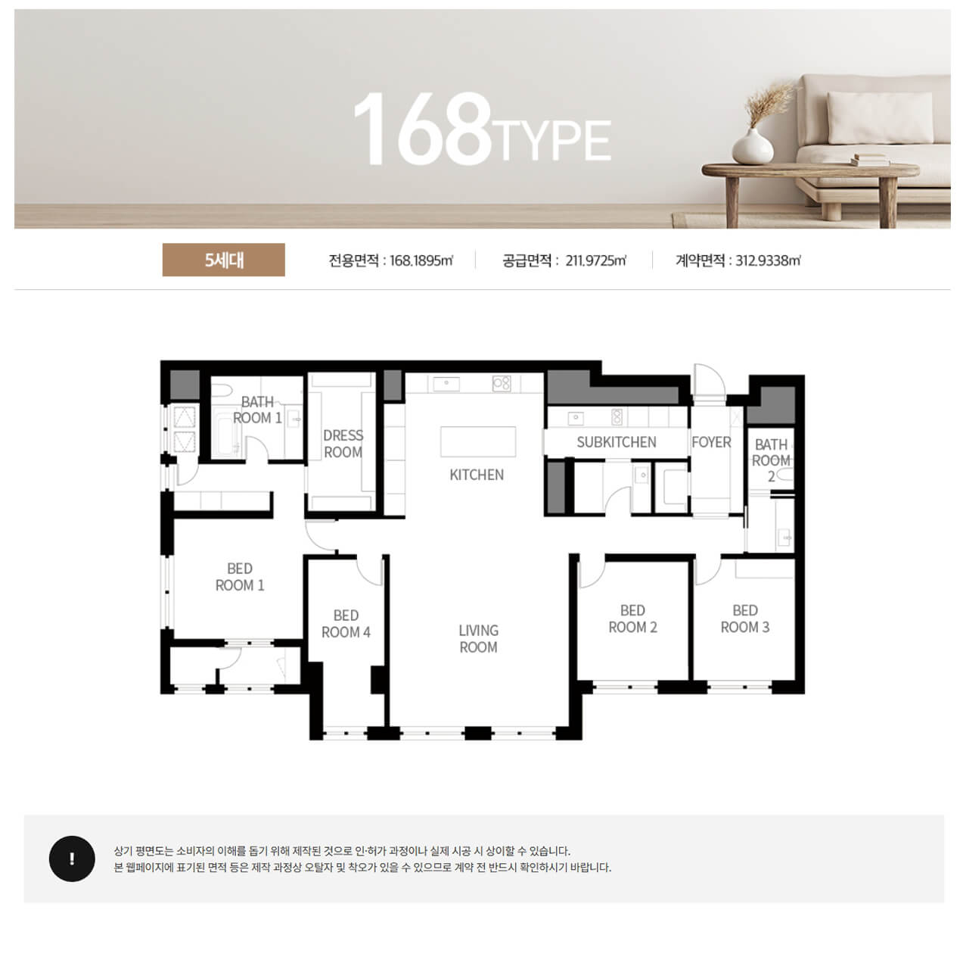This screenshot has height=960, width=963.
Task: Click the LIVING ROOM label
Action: pyautogui.click(x=478, y=638)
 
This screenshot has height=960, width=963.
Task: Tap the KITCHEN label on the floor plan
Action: pyautogui.click(x=477, y=474)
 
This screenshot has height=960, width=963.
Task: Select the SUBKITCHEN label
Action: pyautogui.click(x=617, y=441)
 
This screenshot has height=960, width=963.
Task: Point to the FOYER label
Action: pyautogui.click(x=710, y=441)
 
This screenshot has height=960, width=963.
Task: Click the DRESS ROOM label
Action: pyautogui.click(x=343, y=443)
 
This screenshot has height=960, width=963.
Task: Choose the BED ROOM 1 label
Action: pyautogui.click(x=239, y=576)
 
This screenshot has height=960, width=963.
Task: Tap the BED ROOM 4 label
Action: pyautogui.click(x=346, y=623)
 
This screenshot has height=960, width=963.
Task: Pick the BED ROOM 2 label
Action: pyautogui.click(x=632, y=619)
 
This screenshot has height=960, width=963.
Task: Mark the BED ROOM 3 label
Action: pyautogui.click(x=744, y=619)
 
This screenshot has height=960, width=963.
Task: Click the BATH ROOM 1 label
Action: pyautogui.click(x=257, y=410)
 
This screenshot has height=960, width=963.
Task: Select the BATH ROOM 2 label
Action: pyautogui.click(x=771, y=460)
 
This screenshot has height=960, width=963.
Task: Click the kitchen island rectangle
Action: pyautogui.click(x=478, y=441)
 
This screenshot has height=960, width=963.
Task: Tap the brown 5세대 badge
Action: pyautogui.click(x=223, y=260)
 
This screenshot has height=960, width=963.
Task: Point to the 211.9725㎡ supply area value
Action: pyautogui.click(x=595, y=260)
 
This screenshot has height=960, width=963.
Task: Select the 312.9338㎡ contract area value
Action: pyautogui.click(x=768, y=260)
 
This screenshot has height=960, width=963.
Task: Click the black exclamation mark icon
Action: pyautogui.click(x=72, y=859)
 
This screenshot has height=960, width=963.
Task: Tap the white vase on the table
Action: pyautogui.click(x=752, y=146)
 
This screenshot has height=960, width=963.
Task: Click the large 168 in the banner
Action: pyautogui.click(x=423, y=129)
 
